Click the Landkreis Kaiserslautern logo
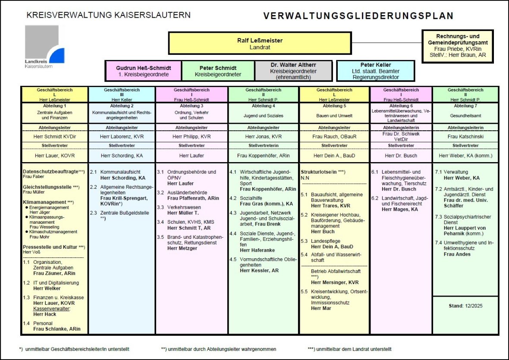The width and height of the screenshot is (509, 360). pyautogui.click(x=44, y=47)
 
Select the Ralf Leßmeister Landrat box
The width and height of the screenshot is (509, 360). pyautogui.click(x=260, y=43)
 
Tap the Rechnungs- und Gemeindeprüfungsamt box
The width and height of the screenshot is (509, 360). pyautogui.click(x=458, y=46)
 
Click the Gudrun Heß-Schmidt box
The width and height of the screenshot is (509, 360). pyautogui.click(x=144, y=71)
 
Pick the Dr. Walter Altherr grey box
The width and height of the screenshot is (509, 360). pyautogui.click(x=293, y=71)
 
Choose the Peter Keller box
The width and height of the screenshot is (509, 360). pyautogui.click(x=376, y=71)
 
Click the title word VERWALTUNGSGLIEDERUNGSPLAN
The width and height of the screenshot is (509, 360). pyautogui.click(x=358, y=16)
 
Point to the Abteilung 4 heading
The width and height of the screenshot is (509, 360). pyautogui.click(x=263, y=106)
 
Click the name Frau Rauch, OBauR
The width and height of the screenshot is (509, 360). pyautogui.click(x=334, y=137)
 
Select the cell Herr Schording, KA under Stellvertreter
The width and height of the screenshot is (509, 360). pyautogui.click(x=122, y=156)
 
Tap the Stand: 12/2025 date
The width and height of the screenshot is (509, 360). pyautogui.click(x=465, y=306)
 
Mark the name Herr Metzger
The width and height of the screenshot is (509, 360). pyautogui.click(x=182, y=248)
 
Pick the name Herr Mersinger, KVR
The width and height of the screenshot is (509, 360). pyautogui.click(x=335, y=282)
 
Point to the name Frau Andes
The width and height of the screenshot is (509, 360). pyautogui.click(x=457, y=254)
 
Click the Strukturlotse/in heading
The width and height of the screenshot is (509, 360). pyautogui.click(x=323, y=172)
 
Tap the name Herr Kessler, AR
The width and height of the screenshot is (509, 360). pyautogui.click(x=259, y=270)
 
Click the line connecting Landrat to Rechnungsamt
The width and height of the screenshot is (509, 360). pyautogui.click(x=386, y=43)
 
